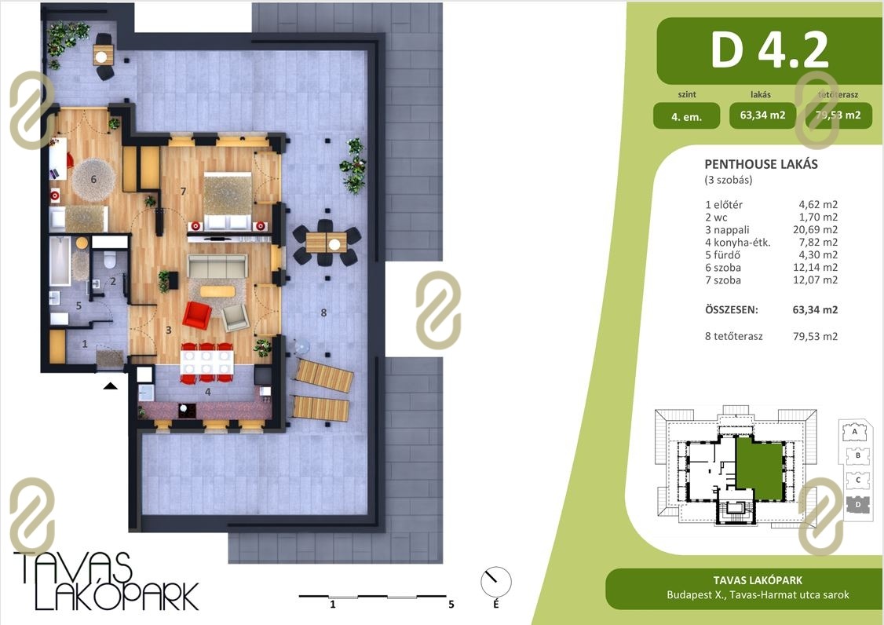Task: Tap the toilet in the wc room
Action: click(x=110, y=259)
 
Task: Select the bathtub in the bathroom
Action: click(x=60, y=261)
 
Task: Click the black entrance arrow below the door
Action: click(x=111, y=386)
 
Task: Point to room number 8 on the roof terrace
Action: click(x=323, y=312)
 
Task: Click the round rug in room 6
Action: click(x=93, y=179)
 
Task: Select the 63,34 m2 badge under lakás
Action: click(x=762, y=115)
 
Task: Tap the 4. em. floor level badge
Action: click(x=687, y=116)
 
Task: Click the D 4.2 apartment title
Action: click(x=769, y=49)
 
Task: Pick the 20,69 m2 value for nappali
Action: click(x=815, y=229)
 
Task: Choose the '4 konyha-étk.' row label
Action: click(x=737, y=243)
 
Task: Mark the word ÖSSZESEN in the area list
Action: click(x=731, y=309)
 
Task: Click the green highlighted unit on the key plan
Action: click(x=759, y=469)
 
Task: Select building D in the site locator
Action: click(x=858, y=504)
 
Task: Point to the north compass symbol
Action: click(x=496, y=582)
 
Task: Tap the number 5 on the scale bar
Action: click(x=451, y=604)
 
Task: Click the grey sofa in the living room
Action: click(x=217, y=266)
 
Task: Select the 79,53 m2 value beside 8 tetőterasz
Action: click(x=815, y=336)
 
